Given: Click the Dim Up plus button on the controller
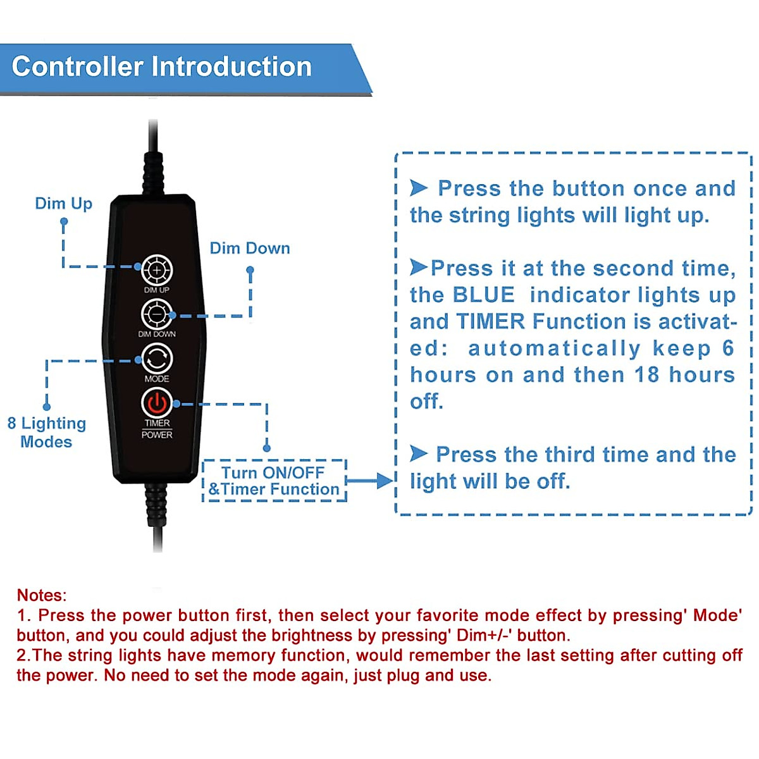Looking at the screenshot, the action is pyautogui.click(x=157, y=270).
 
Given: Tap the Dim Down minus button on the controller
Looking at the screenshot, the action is pyautogui.click(x=157, y=314).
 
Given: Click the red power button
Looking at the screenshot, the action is pyautogui.click(x=157, y=403).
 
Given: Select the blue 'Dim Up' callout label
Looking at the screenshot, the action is pyautogui.click(x=63, y=204).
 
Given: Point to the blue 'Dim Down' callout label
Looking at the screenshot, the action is pyautogui.click(x=250, y=248).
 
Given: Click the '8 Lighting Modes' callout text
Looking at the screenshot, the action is pyautogui.click(x=46, y=432).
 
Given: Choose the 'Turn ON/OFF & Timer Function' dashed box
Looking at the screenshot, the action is pyautogui.click(x=274, y=481).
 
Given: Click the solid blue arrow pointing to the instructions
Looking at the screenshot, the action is pyautogui.click(x=370, y=481).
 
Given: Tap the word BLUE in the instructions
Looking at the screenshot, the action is pyautogui.click(x=484, y=295).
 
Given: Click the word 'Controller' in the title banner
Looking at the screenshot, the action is pyautogui.click(x=78, y=66).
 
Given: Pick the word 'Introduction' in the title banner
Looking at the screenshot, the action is pyautogui.click(x=231, y=66).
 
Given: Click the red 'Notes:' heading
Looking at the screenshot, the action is pyautogui.click(x=42, y=595).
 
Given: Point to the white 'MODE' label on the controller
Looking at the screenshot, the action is pyautogui.click(x=157, y=378).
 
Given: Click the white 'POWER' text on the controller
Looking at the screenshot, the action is pyautogui.click(x=157, y=435).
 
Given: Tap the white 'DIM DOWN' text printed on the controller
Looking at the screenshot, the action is pyautogui.click(x=157, y=334).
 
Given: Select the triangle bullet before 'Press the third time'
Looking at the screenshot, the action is pyautogui.click(x=419, y=454).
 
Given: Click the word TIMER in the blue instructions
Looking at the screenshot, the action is pyautogui.click(x=491, y=321).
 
